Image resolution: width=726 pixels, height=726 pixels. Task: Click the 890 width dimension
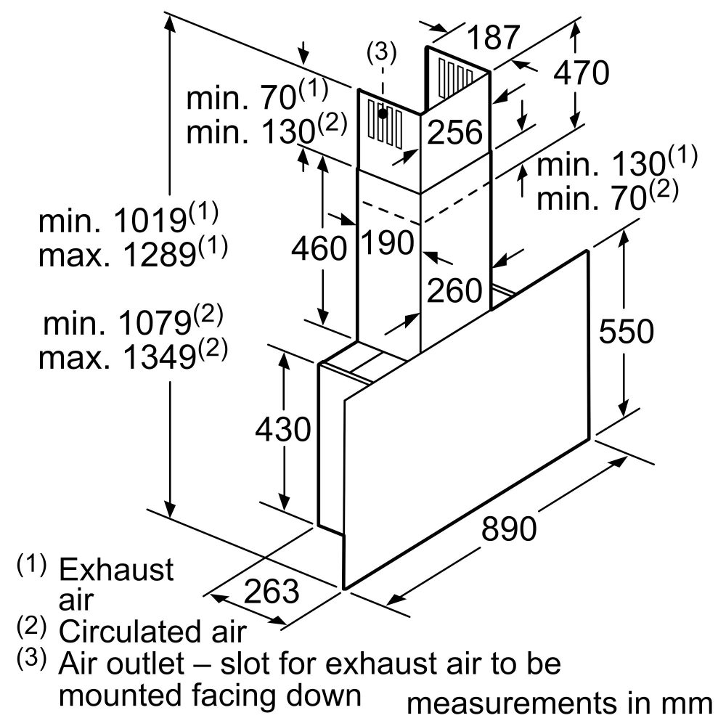click(509, 528)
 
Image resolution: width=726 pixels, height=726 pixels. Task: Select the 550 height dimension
click(626, 331)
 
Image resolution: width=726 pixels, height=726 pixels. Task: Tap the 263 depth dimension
click(272, 591)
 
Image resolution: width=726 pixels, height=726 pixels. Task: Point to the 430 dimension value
click(283, 429)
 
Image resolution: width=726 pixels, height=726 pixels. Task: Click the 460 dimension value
click(319, 248)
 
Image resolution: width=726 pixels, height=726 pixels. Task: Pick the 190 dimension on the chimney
click(388, 242)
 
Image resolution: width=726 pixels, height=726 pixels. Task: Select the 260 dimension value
click(454, 290)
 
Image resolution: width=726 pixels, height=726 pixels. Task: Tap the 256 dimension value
click(454, 132)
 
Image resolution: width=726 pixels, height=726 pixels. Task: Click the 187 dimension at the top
click(493, 37)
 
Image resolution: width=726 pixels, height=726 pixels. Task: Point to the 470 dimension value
click(582, 73)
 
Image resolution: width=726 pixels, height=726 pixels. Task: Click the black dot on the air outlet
click(383, 113)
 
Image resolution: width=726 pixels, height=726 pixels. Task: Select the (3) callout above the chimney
click(382, 52)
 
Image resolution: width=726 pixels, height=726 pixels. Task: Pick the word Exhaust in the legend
click(115, 569)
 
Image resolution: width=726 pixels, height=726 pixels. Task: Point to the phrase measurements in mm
click(559, 703)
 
